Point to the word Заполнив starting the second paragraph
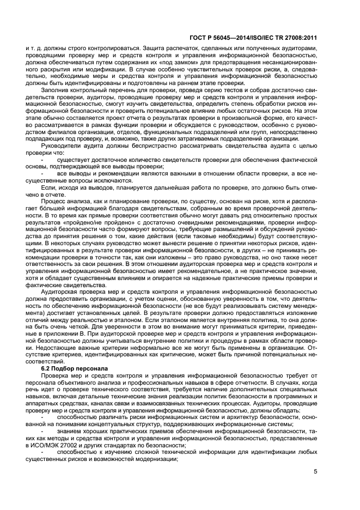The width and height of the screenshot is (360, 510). pos(58,90)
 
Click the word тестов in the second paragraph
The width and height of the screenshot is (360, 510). pos(218,90)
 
